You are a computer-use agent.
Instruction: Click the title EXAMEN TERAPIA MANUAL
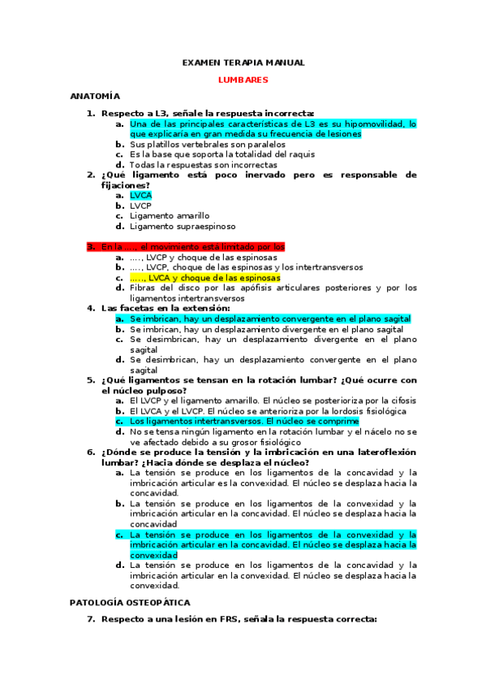tap(243, 62)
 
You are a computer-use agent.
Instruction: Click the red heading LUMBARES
tap(243, 80)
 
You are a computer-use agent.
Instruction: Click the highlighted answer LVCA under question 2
tap(140, 195)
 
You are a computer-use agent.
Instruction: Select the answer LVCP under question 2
tap(140, 206)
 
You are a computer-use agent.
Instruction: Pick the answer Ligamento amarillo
tap(163, 216)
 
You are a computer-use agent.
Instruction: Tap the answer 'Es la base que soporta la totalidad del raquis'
tap(221, 154)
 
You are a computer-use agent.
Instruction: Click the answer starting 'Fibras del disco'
tap(273, 288)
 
